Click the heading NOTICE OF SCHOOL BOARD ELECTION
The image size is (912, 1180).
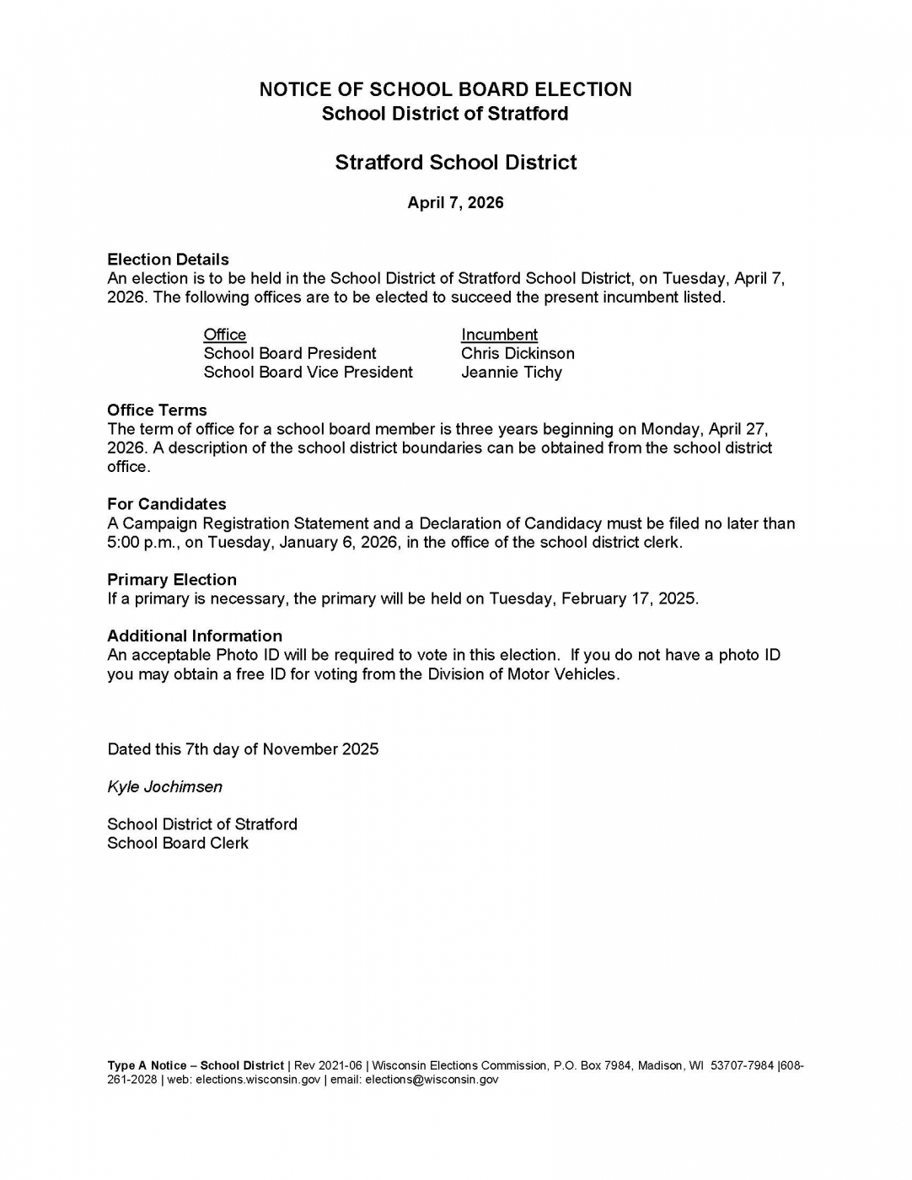(x=445, y=89)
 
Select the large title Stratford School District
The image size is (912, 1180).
(x=455, y=162)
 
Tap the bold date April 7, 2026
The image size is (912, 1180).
(x=455, y=202)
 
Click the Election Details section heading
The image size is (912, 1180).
(x=168, y=259)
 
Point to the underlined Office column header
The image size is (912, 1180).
(x=225, y=335)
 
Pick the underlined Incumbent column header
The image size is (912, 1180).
(x=499, y=335)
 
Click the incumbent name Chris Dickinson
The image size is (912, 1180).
(x=518, y=353)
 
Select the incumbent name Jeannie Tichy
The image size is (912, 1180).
(x=511, y=373)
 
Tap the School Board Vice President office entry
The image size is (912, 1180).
(x=308, y=373)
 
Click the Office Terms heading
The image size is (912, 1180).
(x=157, y=410)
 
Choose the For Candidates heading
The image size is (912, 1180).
(x=166, y=504)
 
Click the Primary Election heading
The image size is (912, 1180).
(x=171, y=580)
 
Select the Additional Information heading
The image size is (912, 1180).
(x=194, y=636)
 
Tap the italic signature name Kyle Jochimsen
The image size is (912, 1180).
(x=164, y=786)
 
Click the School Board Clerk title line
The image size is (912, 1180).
(x=177, y=843)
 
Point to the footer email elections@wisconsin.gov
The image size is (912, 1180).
(x=432, y=1080)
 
